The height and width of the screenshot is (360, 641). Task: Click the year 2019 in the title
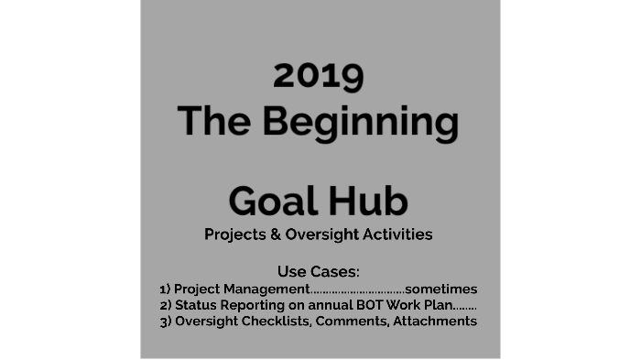(x=319, y=75)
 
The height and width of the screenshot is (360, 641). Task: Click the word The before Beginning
(x=213, y=121)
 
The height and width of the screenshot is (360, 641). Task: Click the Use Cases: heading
(x=319, y=271)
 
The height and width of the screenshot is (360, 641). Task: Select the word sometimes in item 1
(x=441, y=289)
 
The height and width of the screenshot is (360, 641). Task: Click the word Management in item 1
(x=268, y=289)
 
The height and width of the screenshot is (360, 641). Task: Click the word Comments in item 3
(x=352, y=322)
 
